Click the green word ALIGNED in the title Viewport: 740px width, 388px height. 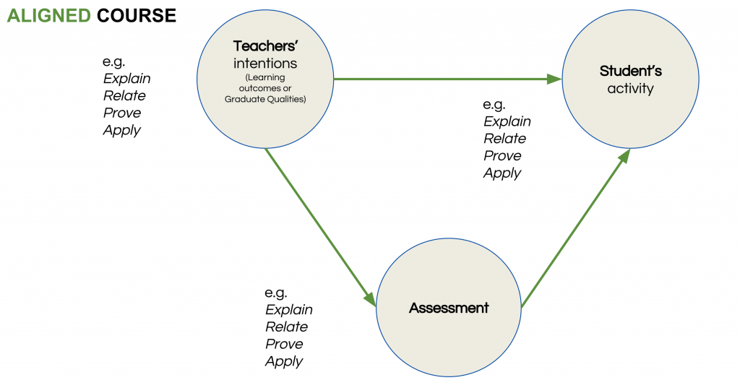click(50, 15)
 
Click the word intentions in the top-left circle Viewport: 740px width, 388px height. click(265, 64)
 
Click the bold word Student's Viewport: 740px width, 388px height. click(630, 71)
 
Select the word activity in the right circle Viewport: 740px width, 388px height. click(630, 88)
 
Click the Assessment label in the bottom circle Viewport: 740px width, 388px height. click(449, 308)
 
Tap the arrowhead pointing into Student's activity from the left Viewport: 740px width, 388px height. click(555, 79)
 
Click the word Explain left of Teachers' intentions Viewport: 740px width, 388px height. click(127, 78)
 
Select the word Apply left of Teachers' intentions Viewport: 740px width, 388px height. click(122, 130)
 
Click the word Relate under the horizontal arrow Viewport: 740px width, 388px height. click(505, 138)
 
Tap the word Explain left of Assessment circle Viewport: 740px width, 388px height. click(289, 309)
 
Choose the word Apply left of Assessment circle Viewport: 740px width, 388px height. click(284, 361)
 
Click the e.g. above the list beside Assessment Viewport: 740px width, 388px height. click(276, 293)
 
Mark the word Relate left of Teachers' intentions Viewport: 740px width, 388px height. click(125, 95)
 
